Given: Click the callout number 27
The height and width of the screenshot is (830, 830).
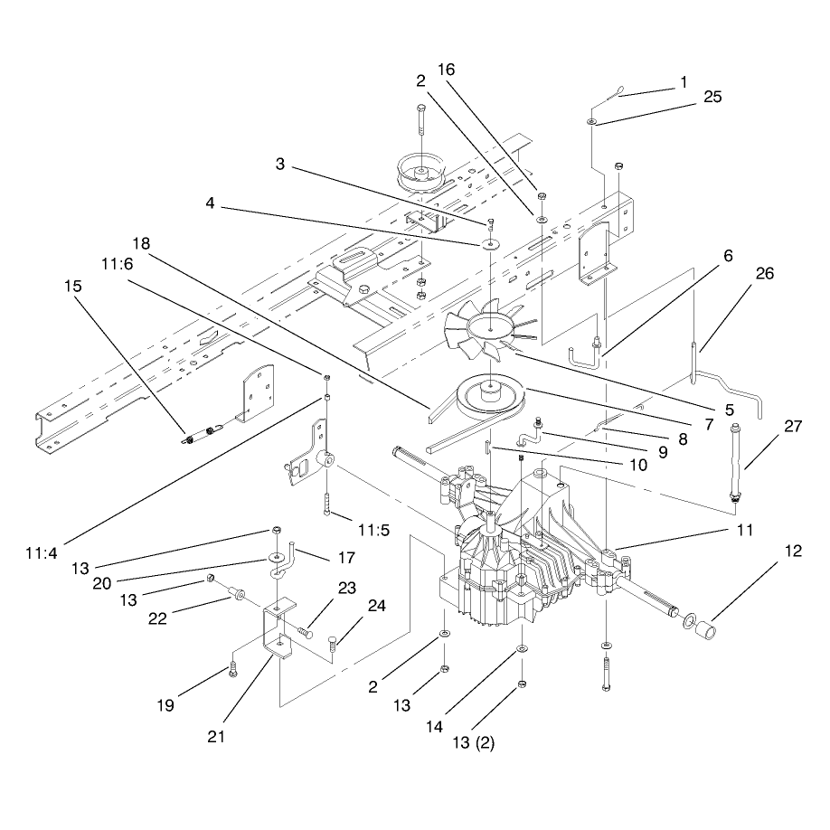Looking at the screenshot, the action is (792, 426).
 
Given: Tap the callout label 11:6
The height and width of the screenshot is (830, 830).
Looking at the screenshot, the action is (117, 264).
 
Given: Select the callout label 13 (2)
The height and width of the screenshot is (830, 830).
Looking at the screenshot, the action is (473, 742).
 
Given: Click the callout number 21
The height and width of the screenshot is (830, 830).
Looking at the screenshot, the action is (216, 736).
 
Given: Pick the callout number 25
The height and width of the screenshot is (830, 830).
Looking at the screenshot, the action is (712, 97).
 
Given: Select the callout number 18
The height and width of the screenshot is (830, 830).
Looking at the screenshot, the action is (141, 243).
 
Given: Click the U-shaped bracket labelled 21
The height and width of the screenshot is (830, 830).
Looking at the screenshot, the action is (278, 628).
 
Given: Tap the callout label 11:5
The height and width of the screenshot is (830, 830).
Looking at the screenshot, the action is (373, 530).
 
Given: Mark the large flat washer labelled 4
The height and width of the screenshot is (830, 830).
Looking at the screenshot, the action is (491, 244).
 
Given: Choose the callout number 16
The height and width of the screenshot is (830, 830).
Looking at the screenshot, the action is (447, 70).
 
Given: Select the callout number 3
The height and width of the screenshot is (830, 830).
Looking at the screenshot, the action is (280, 164).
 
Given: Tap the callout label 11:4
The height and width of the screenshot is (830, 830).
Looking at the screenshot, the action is (41, 553).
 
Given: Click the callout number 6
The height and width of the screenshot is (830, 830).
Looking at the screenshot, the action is (728, 256).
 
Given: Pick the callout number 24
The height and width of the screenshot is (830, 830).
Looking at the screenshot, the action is (376, 606).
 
